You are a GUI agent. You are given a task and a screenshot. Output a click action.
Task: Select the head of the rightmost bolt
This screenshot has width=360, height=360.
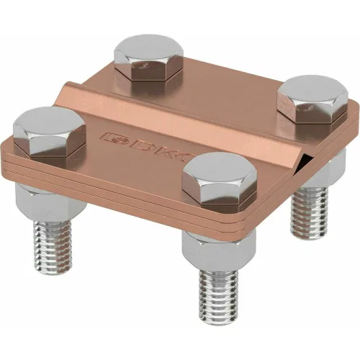312,99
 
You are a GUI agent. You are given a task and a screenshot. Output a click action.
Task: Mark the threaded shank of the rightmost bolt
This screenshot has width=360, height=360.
309,210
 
